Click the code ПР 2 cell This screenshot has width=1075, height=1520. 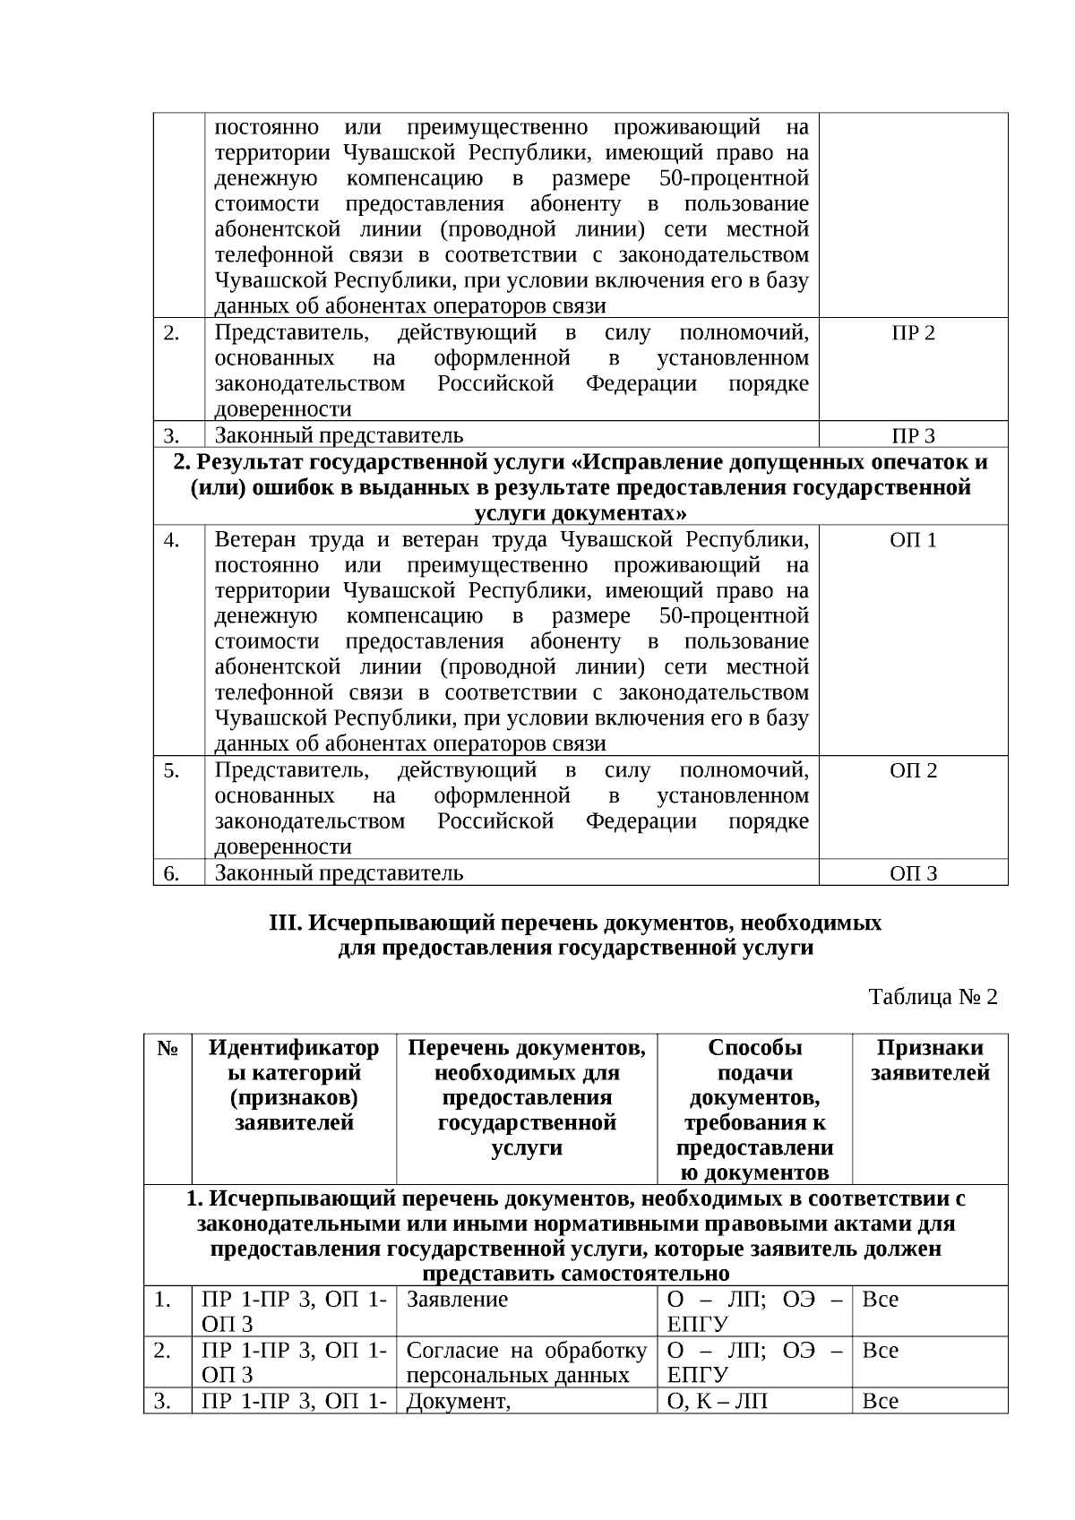click(x=913, y=333)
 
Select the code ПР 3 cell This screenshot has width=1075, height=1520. click(x=913, y=436)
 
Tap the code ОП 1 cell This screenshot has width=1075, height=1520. click(x=913, y=540)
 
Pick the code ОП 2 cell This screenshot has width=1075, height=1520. click(x=913, y=770)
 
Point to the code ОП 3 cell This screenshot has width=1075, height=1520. click(x=913, y=873)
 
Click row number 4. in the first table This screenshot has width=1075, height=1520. click(x=172, y=540)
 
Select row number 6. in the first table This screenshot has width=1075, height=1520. click(x=172, y=873)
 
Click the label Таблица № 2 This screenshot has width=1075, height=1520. click(x=933, y=997)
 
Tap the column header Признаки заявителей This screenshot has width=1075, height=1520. click(x=930, y=1061)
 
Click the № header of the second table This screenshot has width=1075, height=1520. click(x=168, y=1048)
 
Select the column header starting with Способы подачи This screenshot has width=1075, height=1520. click(x=754, y=1110)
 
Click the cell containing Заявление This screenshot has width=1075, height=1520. click(x=457, y=1300)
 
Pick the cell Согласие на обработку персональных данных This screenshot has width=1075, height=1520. click(x=526, y=1362)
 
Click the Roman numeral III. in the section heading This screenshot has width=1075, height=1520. click(x=283, y=923)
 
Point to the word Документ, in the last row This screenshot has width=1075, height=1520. click(x=458, y=1402)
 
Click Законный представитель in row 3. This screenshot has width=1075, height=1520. click(x=339, y=436)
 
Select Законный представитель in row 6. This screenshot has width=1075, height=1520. click(x=339, y=873)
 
